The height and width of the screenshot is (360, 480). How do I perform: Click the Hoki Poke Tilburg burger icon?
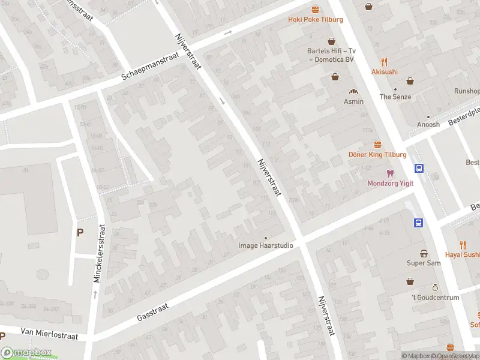[x=316, y=9]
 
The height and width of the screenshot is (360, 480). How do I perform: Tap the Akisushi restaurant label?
[x=384, y=71]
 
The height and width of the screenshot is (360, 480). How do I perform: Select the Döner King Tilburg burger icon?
[x=377, y=145]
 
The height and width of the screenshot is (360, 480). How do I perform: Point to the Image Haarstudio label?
[x=266, y=245]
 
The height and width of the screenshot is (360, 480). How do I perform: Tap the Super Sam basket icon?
[x=424, y=253]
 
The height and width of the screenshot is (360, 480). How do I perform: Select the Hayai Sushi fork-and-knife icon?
[x=463, y=245]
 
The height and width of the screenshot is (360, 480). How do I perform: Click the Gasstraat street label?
[x=152, y=310]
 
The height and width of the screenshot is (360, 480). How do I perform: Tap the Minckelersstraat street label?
[x=98, y=254]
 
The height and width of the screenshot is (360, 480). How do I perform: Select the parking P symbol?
[x=80, y=232]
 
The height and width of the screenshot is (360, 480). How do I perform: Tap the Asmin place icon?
[x=354, y=92]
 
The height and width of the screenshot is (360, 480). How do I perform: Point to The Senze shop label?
[x=395, y=97]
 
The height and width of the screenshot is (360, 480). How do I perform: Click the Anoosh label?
[x=428, y=125]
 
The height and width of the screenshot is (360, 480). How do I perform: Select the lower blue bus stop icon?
[x=418, y=223]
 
